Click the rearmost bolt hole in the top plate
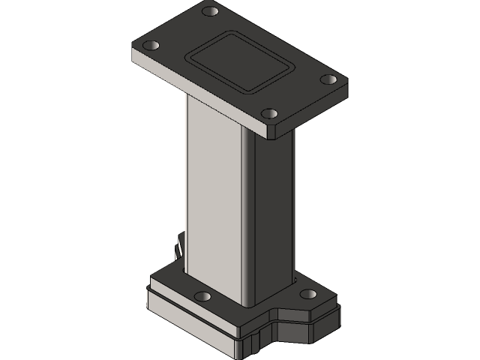pos(211,12)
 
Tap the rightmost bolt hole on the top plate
pos(328,79)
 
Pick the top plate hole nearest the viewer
pos(271,115)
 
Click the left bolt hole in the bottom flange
pos(202,296)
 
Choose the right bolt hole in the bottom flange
pos(308,293)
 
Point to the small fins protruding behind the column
pos(179,247)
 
